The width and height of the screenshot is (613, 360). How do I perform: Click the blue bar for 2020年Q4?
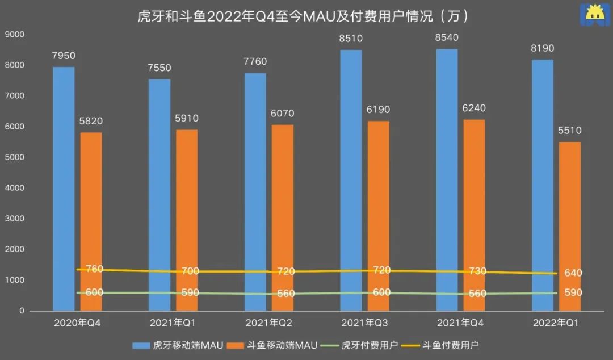pos(64,187)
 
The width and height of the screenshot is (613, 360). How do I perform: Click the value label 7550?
pos(159,68)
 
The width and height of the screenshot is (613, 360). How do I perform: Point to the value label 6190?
pos(378,110)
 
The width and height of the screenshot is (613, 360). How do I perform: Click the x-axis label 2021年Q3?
pos(363,323)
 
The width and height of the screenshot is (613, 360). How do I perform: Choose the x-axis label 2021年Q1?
pos(172,323)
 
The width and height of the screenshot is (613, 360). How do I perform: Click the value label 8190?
pos(542,48)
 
